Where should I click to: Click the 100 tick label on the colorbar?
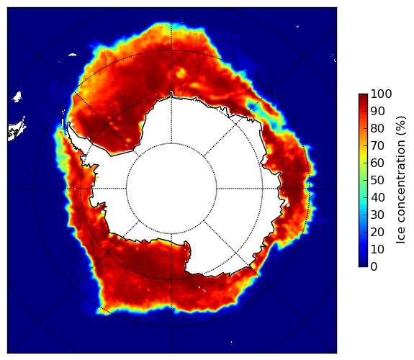click(382, 94)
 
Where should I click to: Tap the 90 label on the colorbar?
click(378, 111)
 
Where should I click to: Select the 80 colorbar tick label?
click(378, 128)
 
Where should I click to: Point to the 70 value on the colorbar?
click(378, 145)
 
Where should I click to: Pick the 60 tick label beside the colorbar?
click(378, 163)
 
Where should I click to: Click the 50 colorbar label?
click(378, 181)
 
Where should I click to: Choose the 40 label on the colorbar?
click(378, 197)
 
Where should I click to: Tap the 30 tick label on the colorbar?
click(378, 215)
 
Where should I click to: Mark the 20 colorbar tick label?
click(378, 232)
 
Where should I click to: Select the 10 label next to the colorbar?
click(378, 250)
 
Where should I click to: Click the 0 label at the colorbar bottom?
click(374, 267)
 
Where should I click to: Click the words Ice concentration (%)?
click(401, 180)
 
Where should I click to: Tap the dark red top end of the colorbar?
click(363, 96)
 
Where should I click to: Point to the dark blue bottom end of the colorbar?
click(363, 265)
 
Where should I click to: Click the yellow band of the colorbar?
click(363, 155)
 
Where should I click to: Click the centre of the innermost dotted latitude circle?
click(171, 189)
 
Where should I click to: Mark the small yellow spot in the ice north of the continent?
click(181, 73)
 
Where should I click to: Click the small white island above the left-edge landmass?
click(17, 96)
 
